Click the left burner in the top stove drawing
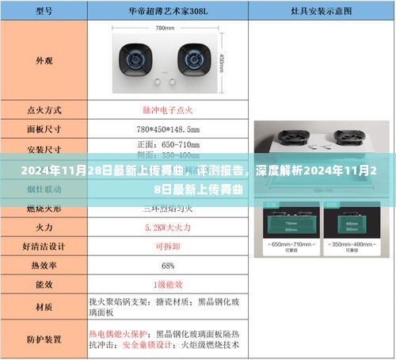pyautogui.click(x=133, y=56)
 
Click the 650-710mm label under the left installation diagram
pyautogui.click(x=288, y=246)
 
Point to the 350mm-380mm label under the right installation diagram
pyautogui.click(x=350, y=246)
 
